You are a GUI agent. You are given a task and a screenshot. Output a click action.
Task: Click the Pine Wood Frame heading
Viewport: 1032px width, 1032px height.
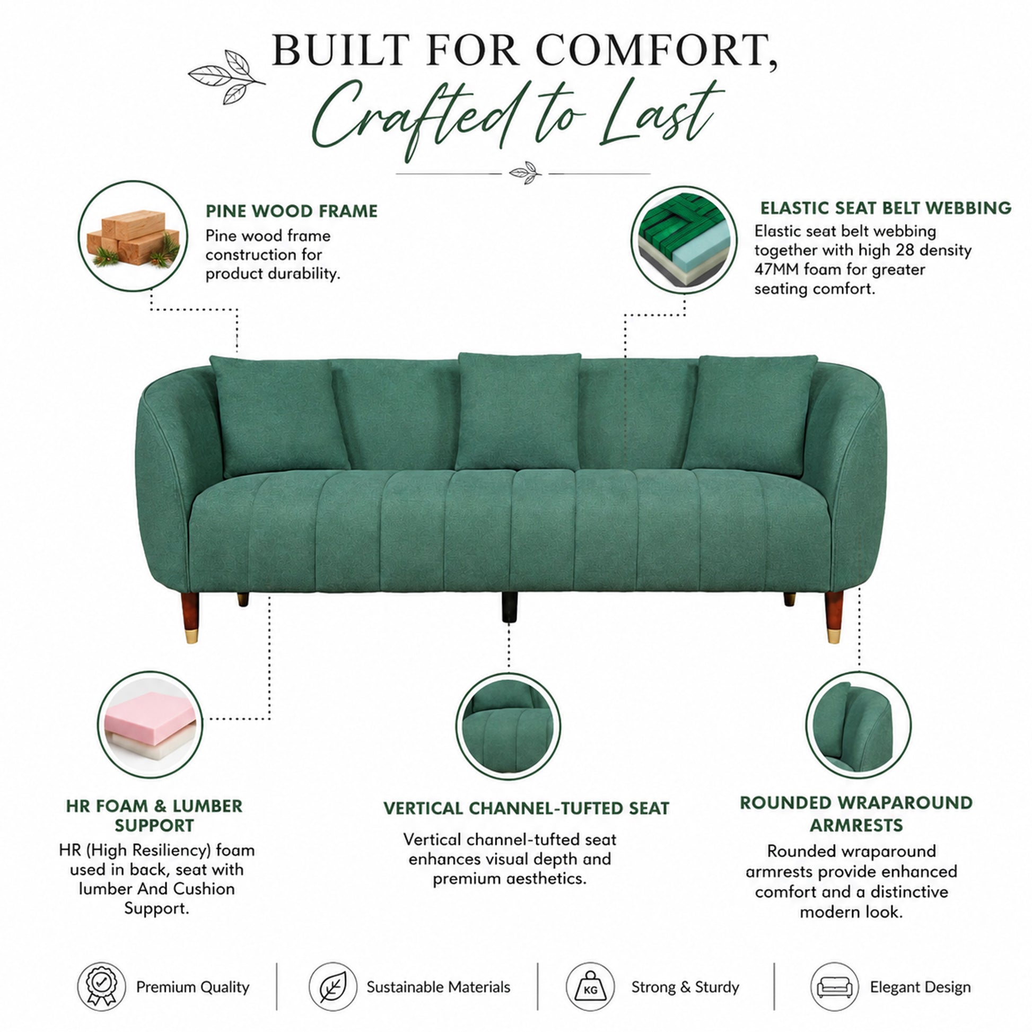tap(291, 211)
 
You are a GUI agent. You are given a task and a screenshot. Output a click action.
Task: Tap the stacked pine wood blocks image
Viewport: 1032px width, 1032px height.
tap(133, 237)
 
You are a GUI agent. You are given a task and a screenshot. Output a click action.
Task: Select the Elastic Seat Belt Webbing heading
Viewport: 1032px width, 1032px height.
tap(886, 208)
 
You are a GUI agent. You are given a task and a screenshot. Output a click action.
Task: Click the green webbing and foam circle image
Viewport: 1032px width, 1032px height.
tap(684, 240)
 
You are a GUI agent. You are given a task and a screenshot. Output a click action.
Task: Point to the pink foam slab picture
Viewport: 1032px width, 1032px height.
tap(150, 724)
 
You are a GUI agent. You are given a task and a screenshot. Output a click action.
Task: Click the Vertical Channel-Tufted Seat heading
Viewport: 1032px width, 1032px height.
tap(526, 808)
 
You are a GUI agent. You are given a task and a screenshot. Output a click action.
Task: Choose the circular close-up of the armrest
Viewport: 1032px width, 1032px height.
tap(858, 725)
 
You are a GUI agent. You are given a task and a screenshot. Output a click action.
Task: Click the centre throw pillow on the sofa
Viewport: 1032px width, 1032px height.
tap(518, 412)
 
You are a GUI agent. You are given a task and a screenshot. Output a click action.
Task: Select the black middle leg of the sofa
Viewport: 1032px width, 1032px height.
tap(510, 607)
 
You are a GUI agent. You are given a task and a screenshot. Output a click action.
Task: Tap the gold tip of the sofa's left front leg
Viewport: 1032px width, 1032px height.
tap(191, 636)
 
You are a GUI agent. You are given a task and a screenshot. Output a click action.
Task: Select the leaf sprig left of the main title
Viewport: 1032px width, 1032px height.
tap(226, 76)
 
